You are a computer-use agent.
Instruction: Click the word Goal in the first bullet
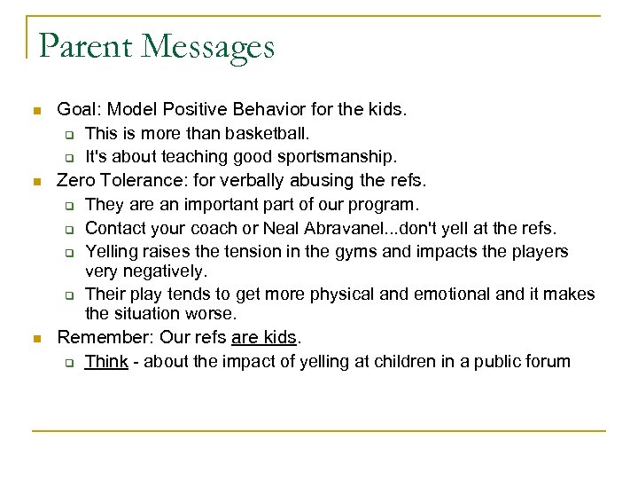pos(75,111)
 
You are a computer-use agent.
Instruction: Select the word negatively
pos(166,270)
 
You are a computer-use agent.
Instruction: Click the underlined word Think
pos(106,361)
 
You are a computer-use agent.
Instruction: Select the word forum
pos(549,361)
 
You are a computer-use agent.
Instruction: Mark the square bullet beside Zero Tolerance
pos(35,182)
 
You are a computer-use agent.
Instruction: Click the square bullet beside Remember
pos(35,338)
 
